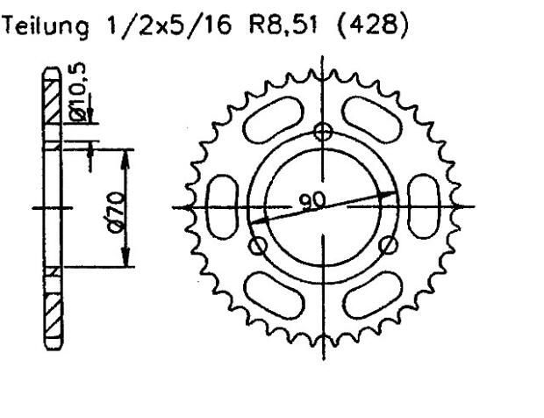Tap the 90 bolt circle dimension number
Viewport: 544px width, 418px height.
point(312,200)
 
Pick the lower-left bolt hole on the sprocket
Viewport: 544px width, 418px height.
point(258,247)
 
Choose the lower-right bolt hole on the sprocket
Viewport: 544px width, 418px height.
point(391,247)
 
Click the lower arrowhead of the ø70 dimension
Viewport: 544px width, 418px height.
point(128,261)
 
